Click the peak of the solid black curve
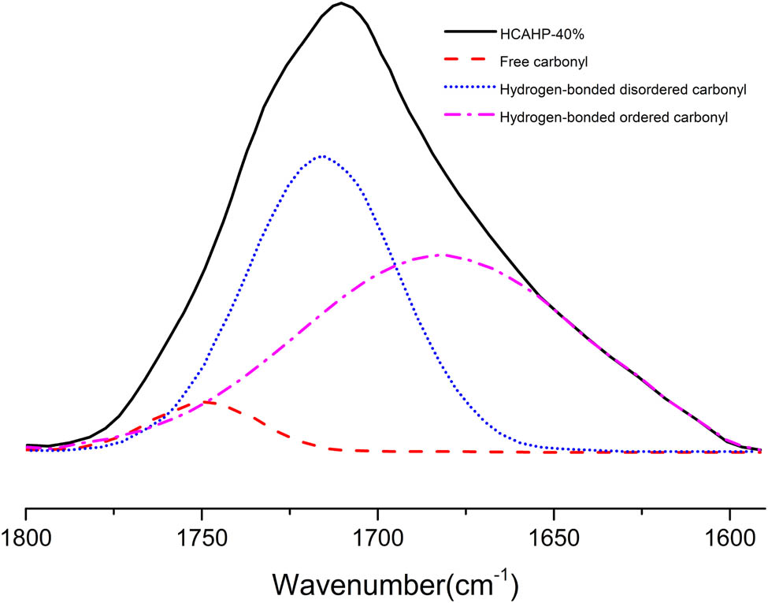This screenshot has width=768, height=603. pyautogui.click(x=340, y=4)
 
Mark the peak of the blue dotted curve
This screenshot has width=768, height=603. pyautogui.click(x=321, y=156)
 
